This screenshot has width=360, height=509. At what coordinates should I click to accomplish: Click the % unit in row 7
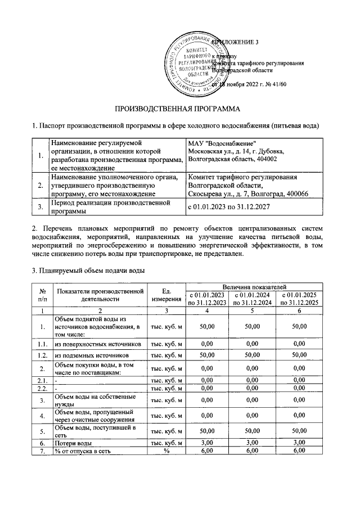tap(166, 451)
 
